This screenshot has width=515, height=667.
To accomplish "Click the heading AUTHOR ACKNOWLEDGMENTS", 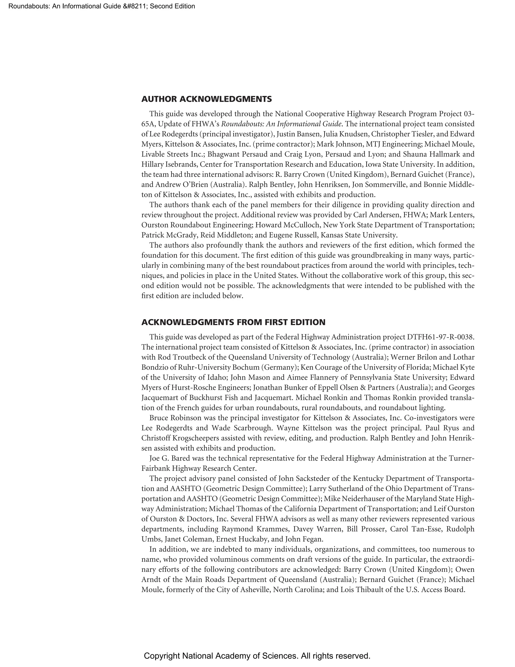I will tap(206, 99).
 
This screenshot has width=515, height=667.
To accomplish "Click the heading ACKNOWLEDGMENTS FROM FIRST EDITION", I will tap(233, 322).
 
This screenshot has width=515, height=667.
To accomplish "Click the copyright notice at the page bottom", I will tap(257, 656).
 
